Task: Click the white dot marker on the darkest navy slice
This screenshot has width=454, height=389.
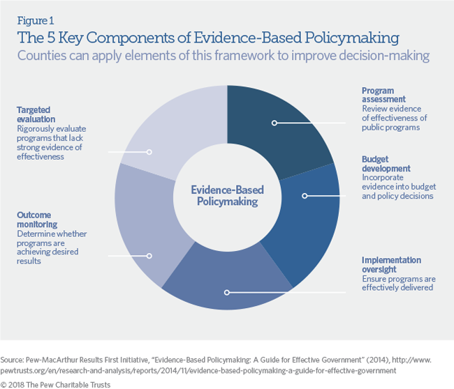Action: tap(274, 123)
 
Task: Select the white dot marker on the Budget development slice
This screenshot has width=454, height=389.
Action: tap(304, 196)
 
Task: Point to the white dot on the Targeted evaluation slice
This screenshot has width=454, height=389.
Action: tap(149, 151)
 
